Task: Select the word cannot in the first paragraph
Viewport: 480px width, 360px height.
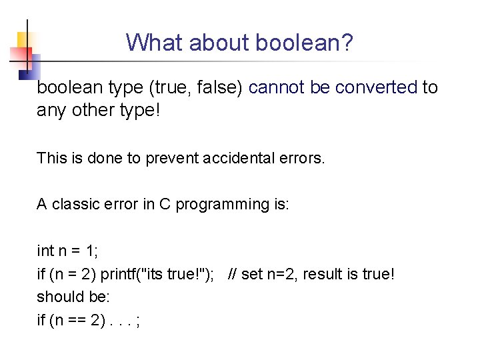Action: (275, 87)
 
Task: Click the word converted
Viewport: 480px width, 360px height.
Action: (377, 87)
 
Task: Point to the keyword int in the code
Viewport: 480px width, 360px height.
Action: (45, 251)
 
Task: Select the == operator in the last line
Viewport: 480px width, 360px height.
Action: (77, 321)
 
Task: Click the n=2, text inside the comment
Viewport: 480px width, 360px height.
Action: (282, 274)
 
